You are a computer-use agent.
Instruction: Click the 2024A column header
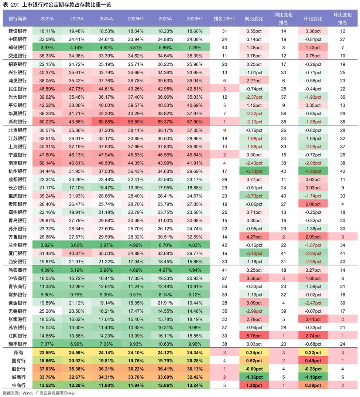(x=106, y=19)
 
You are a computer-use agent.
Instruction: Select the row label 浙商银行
(x=17, y=122)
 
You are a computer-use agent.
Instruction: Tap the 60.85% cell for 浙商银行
(x=106, y=122)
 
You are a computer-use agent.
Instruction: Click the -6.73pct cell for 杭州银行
(x=254, y=172)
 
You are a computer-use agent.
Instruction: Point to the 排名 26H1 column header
(x=224, y=19)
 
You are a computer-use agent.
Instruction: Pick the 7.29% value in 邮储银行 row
(x=195, y=48)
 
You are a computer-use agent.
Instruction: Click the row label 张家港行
(x=17, y=319)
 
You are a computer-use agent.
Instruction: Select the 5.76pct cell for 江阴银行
(x=254, y=336)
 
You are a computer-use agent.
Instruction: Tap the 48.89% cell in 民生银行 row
(x=47, y=89)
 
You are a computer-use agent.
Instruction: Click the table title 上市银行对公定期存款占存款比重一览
(x=66, y=4)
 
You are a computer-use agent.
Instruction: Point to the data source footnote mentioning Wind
(x=39, y=393)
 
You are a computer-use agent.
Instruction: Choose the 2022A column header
(x=47, y=19)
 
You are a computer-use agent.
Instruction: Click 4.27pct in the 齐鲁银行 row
(x=254, y=237)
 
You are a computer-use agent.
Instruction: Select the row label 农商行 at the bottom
(x=18, y=385)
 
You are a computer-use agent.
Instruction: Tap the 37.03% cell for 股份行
(x=47, y=369)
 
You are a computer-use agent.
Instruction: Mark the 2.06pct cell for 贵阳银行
(x=313, y=204)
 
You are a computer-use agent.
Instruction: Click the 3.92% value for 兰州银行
(x=47, y=245)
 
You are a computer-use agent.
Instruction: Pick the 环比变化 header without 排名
(x=313, y=19)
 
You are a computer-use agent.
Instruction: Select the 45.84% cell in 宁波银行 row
(x=195, y=155)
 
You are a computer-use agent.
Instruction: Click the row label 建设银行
(x=17, y=31)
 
